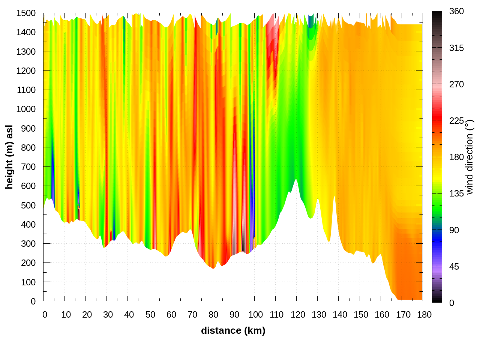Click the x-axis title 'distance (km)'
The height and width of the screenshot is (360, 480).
pos(233,330)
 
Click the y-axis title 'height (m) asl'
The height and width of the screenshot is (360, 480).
pos(9,157)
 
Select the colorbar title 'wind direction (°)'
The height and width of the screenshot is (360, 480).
pos(469,157)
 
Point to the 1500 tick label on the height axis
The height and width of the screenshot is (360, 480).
pos(26,13)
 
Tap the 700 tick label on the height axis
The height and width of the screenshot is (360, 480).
pos(28,166)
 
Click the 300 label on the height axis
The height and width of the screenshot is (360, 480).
pos(28,243)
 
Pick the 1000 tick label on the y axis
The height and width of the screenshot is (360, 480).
pos(26,109)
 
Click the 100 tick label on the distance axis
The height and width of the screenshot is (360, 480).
pos(255,315)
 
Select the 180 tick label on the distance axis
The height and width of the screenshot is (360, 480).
pos(424,315)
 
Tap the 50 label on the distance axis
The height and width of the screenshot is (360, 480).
pos(150,315)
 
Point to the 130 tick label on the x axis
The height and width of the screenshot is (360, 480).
pos(319,315)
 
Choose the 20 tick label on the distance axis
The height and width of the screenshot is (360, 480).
pos(87,315)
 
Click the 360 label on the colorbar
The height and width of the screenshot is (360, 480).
pos(456,12)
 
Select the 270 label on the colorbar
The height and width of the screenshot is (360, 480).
pos(456,84)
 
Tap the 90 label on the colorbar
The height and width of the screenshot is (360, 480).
pos(454,230)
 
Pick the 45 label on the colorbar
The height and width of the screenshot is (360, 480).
pos(454,267)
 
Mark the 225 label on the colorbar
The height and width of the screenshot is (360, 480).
pos(456,121)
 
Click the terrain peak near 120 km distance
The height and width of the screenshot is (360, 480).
pos(296,180)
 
